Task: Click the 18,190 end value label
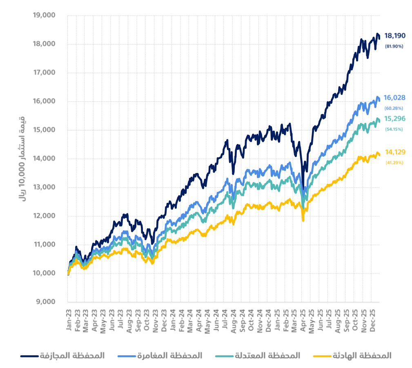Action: [395, 36]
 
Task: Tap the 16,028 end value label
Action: [395, 98]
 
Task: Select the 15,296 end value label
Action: [395, 119]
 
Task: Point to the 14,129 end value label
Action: [395, 152]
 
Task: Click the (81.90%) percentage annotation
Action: [394, 47]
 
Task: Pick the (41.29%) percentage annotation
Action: [394, 163]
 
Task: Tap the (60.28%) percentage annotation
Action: [394, 108]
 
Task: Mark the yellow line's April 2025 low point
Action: [303, 221]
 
